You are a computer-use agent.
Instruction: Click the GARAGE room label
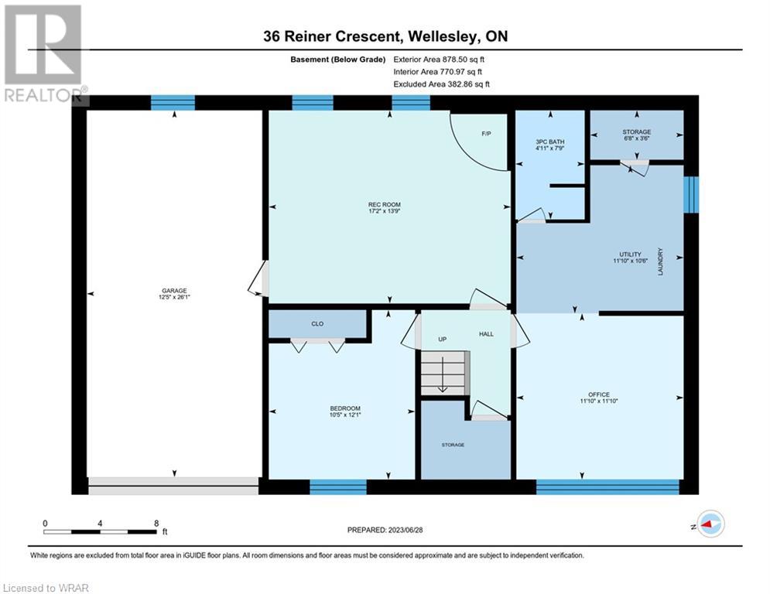point(174,291)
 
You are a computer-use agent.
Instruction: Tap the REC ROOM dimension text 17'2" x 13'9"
point(385,211)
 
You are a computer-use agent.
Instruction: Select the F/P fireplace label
point(486,134)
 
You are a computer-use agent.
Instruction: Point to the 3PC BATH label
point(550,142)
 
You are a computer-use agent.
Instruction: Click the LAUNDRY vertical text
point(660,261)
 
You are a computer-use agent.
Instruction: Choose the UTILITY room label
point(630,254)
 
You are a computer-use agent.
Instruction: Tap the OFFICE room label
point(599,394)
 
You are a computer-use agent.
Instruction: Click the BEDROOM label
point(345,408)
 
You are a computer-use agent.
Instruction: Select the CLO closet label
point(317,324)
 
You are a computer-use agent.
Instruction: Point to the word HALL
point(486,334)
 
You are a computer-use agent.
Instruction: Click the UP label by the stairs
point(443,340)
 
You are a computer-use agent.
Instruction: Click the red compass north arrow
point(707,525)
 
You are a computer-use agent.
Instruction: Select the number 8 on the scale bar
point(156,524)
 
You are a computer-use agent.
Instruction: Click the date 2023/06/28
point(406,530)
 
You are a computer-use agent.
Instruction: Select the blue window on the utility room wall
point(691,195)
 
